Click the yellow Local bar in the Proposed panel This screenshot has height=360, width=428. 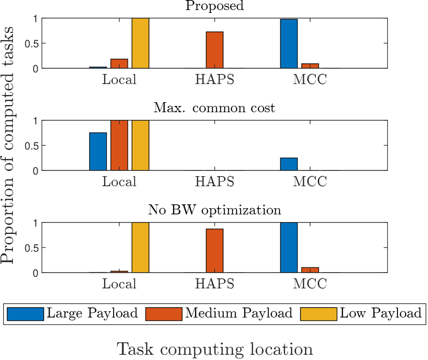pyautogui.click(x=140, y=43)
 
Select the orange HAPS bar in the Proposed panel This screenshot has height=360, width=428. pyautogui.click(x=215, y=50)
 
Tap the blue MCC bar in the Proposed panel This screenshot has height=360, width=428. pyautogui.click(x=289, y=43)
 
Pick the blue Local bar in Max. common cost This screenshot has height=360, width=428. pyautogui.click(x=98, y=151)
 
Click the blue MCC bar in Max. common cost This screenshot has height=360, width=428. pyautogui.click(x=289, y=164)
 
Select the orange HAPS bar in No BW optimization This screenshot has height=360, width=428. pyautogui.click(x=215, y=251)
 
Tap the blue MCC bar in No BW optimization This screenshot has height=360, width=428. pyautogui.click(x=289, y=247)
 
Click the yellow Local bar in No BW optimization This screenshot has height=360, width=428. pyautogui.click(x=140, y=247)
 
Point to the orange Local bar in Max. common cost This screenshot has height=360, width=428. pyautogui.click(x=119, y=145)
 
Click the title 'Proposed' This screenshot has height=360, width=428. pyautogui.click(x=214, y=6)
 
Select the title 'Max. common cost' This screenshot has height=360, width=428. pyautogui.click(x=214, y=108)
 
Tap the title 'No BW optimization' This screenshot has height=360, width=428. pyautogui.click(x=214, y=210)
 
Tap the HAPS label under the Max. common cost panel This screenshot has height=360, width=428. pyautogui.click(x=215, y=182)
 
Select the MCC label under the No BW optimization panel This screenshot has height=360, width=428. pyautogui.click(x=310, y=284)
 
